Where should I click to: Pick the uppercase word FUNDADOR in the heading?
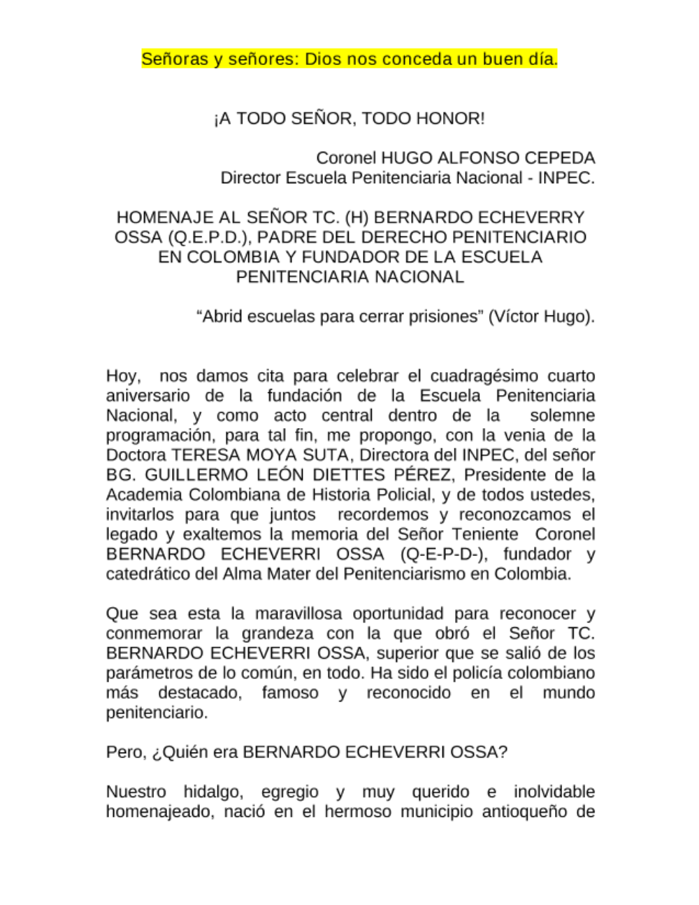pos(349,257)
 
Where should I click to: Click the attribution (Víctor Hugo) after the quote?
pos(541,316)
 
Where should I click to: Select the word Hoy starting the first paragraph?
pos(122,376)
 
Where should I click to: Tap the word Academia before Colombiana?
pos(138,494)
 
